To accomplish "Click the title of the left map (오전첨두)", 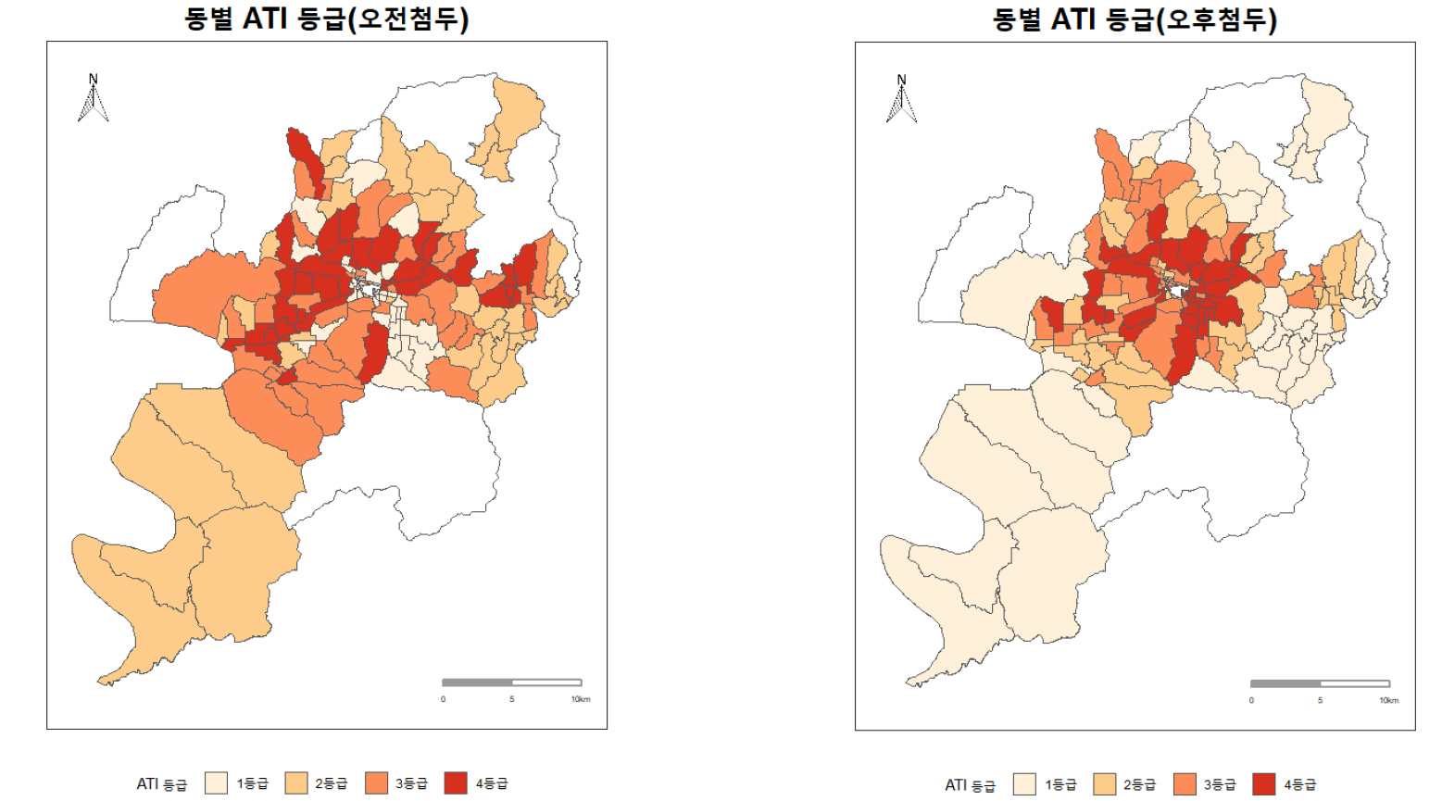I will [x=326, y=19].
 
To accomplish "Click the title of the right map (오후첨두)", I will [x=1135, y=19].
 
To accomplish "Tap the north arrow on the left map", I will [x=93, y=100].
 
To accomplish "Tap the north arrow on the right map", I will [x=901, y=100].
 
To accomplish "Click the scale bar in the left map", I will [x=511, y=682].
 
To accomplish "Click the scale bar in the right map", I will [x=1320, y=683].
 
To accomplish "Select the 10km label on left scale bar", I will [x=581, y=699].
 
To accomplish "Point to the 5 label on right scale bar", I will [x=1320, y=700].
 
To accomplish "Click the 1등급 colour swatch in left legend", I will [x=216, y=783].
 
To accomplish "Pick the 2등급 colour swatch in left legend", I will [x=296, y=783].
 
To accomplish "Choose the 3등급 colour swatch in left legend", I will [x=376, y=783].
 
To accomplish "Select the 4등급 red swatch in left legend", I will [x=456, y=783].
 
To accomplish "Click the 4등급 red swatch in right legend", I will [x=1264, y=784].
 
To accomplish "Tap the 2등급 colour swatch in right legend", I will [x=1105, y=784].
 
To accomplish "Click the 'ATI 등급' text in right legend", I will [x=970, y=785].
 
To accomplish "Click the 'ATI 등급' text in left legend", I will [x=161, y=784].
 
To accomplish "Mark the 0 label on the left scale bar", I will [x=443, y=699].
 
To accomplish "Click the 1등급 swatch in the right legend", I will [x=1024, y=784].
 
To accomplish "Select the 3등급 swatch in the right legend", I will [x=1185, y=784].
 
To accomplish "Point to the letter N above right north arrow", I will [x=901, y=80].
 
